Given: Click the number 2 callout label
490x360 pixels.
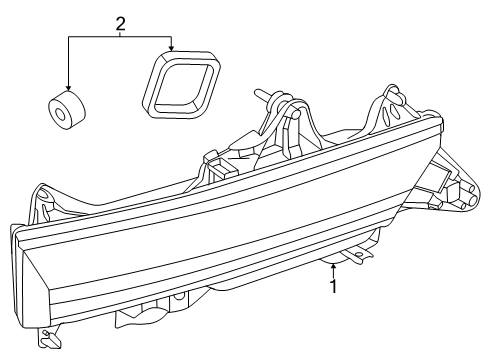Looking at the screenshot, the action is [120, 22].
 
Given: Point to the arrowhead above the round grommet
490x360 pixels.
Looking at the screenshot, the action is [68, 87].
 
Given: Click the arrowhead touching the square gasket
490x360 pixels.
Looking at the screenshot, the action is [173, 48].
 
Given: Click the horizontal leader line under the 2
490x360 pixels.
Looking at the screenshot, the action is [120, 38].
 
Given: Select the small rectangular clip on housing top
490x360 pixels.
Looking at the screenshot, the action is [212, 157].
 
